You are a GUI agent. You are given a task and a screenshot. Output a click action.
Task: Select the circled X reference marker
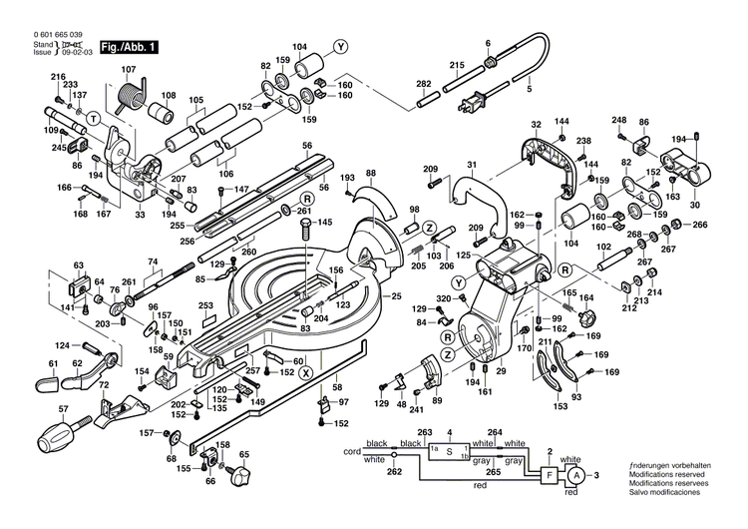pyautogui.click(x=305, y=372)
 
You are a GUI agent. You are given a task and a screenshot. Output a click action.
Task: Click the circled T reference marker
pyautogui.click(x=92, y=118)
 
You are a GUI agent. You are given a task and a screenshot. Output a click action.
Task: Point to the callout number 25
pyautogui.click(x=395, y=296)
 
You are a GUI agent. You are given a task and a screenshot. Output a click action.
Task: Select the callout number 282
pyautogui.click(x=423, y=83)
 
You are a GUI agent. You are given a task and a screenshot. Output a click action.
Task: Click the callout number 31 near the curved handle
pyautogui.click(x=472, y=165)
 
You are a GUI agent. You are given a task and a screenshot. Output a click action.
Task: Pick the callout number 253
pyautogui.click(x=205, y=306)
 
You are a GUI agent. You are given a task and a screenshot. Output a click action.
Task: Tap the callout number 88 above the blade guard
pyautogui.click(x=370, y=174)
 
